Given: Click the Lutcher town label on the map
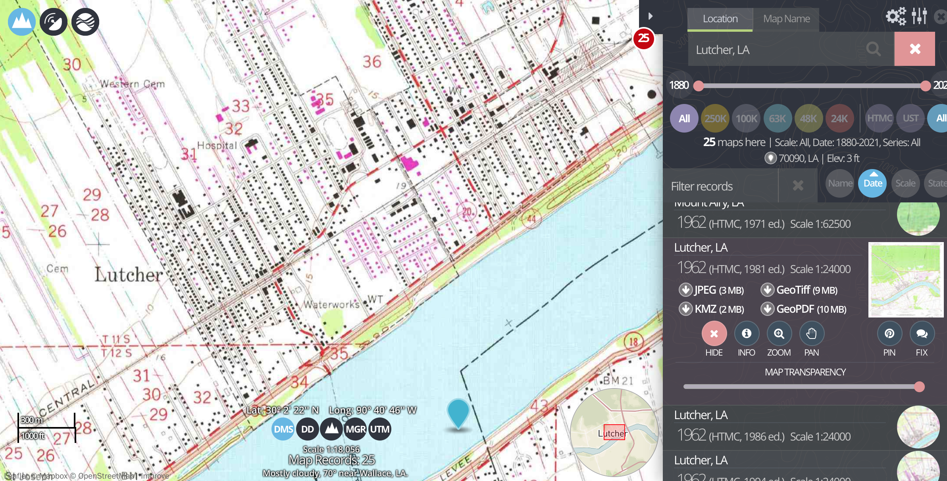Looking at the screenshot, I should [129, 275].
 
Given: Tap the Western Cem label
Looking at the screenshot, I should [132, 84].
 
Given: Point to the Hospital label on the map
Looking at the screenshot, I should [217, 145].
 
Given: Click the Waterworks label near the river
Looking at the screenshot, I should [332, 304].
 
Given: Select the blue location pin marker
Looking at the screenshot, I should [458, 413].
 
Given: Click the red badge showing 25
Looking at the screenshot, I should [643, 38].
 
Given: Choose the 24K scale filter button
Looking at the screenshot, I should [839, 118].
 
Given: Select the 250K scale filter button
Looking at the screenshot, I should [715, 118].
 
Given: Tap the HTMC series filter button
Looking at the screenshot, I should [880, 118].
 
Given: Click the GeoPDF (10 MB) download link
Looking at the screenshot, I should [804, 309].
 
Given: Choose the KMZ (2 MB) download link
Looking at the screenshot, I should [712, 309].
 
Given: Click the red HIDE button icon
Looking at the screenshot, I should [714, 333].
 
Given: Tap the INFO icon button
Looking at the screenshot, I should [747, 333].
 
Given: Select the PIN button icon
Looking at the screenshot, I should [889, 333].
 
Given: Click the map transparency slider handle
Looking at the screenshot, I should [919, 387].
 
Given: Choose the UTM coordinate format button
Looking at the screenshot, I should [380, 429].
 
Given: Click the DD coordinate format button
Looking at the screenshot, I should [308, 429].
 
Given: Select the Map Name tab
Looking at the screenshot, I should [786, 19].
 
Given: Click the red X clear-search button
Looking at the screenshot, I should [915, 49].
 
